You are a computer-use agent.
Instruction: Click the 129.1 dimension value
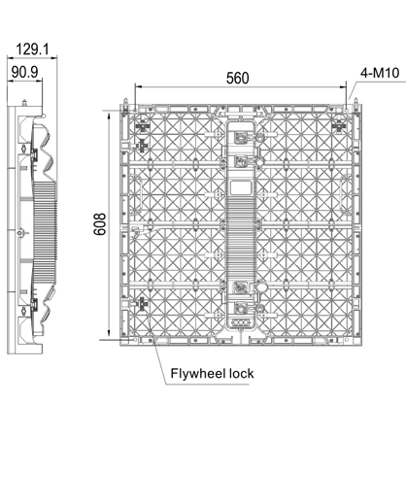pos(32,50)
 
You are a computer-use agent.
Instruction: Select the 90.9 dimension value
pos(24,72)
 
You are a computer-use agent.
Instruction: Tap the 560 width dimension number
pos(238,78)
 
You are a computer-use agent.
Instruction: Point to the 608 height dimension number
pos(100,224)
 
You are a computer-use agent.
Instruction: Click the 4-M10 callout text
pos(380,73)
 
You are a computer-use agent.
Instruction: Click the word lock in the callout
pos(242,373)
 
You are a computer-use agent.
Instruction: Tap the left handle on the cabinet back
pos(138,193)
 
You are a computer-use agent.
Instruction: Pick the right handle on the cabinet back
pos(344,193)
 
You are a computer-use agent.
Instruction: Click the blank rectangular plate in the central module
pos(241,187)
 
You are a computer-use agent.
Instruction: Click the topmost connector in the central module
pos(241,137)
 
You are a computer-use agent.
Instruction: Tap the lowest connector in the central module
pos(241,308)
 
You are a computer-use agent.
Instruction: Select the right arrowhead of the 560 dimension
pos(343,86)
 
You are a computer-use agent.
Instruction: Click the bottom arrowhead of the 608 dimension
pos(109,334)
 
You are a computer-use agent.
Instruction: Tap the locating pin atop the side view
pos(24,103)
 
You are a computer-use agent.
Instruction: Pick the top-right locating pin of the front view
pos(355,101)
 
